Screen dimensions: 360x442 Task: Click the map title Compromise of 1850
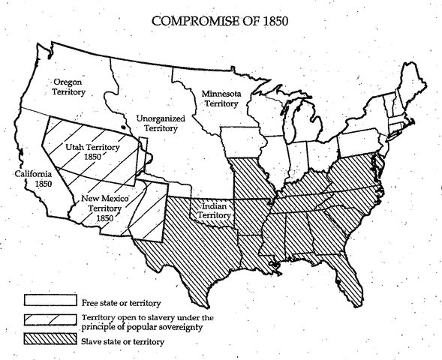coord(220,19)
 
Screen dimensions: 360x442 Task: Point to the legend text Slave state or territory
coord(123,341)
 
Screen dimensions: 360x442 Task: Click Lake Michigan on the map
coord(298,124)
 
